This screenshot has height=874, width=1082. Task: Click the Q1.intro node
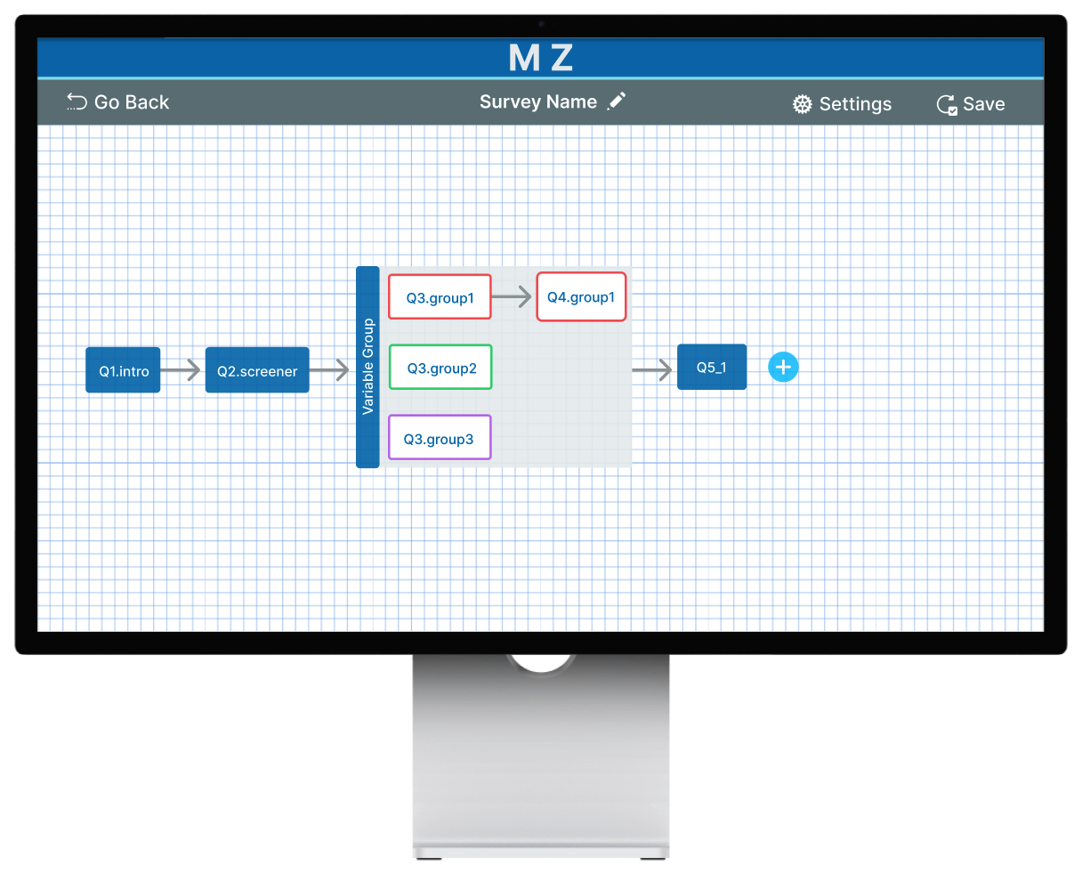[x=123, y=370]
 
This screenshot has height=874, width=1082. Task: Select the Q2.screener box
[x=257, y=370]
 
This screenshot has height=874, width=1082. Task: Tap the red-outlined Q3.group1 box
[x=440, y=297]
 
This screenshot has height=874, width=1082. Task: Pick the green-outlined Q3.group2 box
[x=440, y=368]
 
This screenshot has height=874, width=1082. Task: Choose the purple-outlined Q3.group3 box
[x=440, y=438]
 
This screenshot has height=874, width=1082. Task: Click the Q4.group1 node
[x=581, y=297]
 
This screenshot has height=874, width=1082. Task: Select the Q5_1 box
[x=712, y=367]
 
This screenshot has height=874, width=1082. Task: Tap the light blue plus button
[x=783, y=367]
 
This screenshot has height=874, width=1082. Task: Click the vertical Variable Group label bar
[x=367, y=367]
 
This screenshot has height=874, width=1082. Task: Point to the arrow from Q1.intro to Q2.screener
[x=182, y=370]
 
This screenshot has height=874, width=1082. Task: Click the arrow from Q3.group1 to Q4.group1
[x=513, y=297]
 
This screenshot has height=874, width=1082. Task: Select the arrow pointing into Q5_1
[x=652, y=369]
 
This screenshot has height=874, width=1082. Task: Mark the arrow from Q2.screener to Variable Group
[x=330, y=370]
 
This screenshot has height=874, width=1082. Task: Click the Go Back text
[x=132, y=102]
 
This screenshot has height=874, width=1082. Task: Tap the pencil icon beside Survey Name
[x=617, y=101]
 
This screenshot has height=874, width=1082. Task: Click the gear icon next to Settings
[x=803, y=104]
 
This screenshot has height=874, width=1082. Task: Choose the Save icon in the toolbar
[x=947, y=105]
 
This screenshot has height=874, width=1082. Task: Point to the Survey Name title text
[x=537, y=101]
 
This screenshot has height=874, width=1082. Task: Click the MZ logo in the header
[x=540, y=58]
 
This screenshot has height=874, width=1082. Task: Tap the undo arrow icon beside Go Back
[x=77, y=102]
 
